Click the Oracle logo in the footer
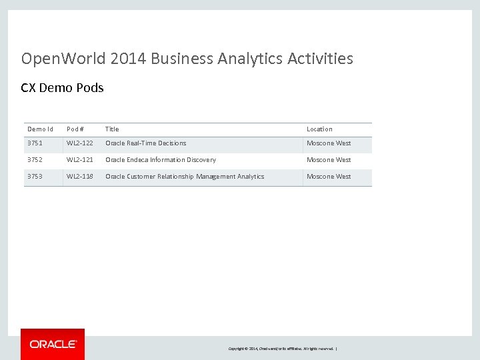pyautogui.click(x=53, y=344)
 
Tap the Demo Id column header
pyautogui.click(x=40, y=129)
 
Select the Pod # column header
pyautogui.click(x=75, y=129)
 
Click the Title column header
pyautogui.click(x=112, y=129)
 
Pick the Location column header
pyautogui.click(x=319, y=129)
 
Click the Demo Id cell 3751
pyautogui.click(x=35, y=143)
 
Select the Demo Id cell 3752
pyautogui.click(x=35, y=160)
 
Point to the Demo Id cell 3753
pyautogui.click(x=35, y=177)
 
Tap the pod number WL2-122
pyautogui.click(x=80, y=143)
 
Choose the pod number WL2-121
pyautogui.click(x=80, y=160)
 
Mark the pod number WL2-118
pyautogui.click(x=80, y=177)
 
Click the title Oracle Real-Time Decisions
pyautogui.click(x=146, y=143)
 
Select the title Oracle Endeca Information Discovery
pyautogui.click(x=161, y=160)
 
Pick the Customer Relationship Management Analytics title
pyautogui.click(x=185, y=177)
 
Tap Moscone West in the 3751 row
pyautogui.click(x=329, y=143)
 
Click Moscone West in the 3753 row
pyautogui.click(x=329, y=177)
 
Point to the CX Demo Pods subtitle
pyautogui.click(x=63, y=88)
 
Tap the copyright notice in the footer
pyautogui.click(x=283, y=349)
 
